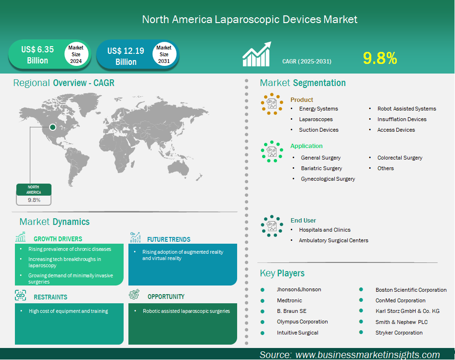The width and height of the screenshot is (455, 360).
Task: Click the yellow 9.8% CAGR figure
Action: (x=380, y=58)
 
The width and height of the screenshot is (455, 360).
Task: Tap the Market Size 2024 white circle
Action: (x=76, y=54)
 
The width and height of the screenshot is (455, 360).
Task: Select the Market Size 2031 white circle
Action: (x=164, y=54)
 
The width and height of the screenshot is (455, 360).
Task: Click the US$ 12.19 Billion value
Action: (x=126, y=56)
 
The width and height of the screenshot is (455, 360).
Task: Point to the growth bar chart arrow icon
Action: (x=257, y=54)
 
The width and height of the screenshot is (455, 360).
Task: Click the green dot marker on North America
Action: (x=52, y=127)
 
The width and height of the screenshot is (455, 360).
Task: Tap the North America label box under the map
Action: (x=34, y=195)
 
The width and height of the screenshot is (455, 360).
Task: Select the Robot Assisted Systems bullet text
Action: (x=406, y=109)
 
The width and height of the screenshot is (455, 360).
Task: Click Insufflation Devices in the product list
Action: (x=402, y=119)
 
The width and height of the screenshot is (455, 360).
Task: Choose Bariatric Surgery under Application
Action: (x=321, y=168)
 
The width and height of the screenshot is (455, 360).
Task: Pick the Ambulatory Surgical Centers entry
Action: (x=334, y=240)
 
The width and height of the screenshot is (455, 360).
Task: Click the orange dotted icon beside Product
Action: (x=272, y=104)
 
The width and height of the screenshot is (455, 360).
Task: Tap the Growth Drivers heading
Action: (x=58, y=239)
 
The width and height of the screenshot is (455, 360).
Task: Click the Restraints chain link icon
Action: (x=20, y=295)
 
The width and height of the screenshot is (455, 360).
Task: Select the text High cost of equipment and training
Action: (x=68, y=311)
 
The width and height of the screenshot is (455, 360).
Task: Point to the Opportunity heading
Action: (x=166, y=297)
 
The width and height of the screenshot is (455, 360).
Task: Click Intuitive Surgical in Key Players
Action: (x=297, y=333)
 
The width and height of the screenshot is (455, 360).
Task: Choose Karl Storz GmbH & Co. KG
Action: (x=407, y=311)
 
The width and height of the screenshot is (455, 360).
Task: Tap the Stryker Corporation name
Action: (x=399, y=333)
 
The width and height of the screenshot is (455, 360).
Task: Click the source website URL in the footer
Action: (x=367, y=355)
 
